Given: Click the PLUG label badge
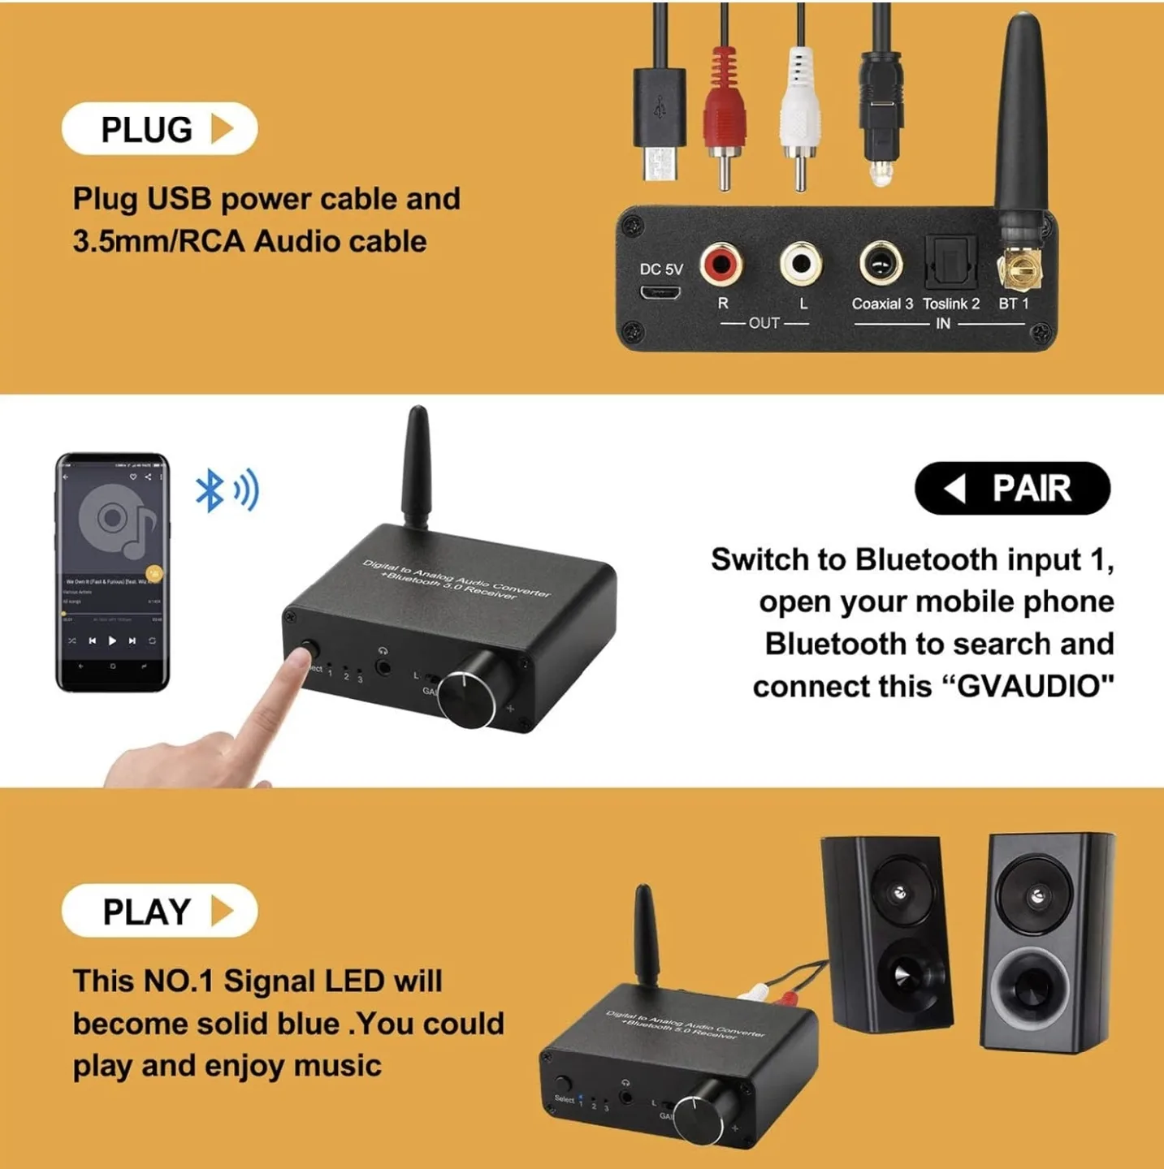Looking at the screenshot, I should (x=159, y=129).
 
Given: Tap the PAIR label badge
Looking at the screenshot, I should (x=1012, y=488).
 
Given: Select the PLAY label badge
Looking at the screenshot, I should (x=159, y=911).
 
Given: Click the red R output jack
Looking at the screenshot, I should (x=721, y=264).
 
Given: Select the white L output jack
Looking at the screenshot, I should (x=801, y=264).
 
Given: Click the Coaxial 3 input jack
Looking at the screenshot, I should (x=881, y=264).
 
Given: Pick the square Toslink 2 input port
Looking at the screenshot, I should (x=950, y=263).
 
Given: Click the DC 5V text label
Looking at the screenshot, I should (x=661, y=270).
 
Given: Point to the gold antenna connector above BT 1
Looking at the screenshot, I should (x=1019, y=268).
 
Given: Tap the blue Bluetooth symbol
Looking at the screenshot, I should (x=210, y=490).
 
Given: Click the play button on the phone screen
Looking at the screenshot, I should (x=112, y=641).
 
